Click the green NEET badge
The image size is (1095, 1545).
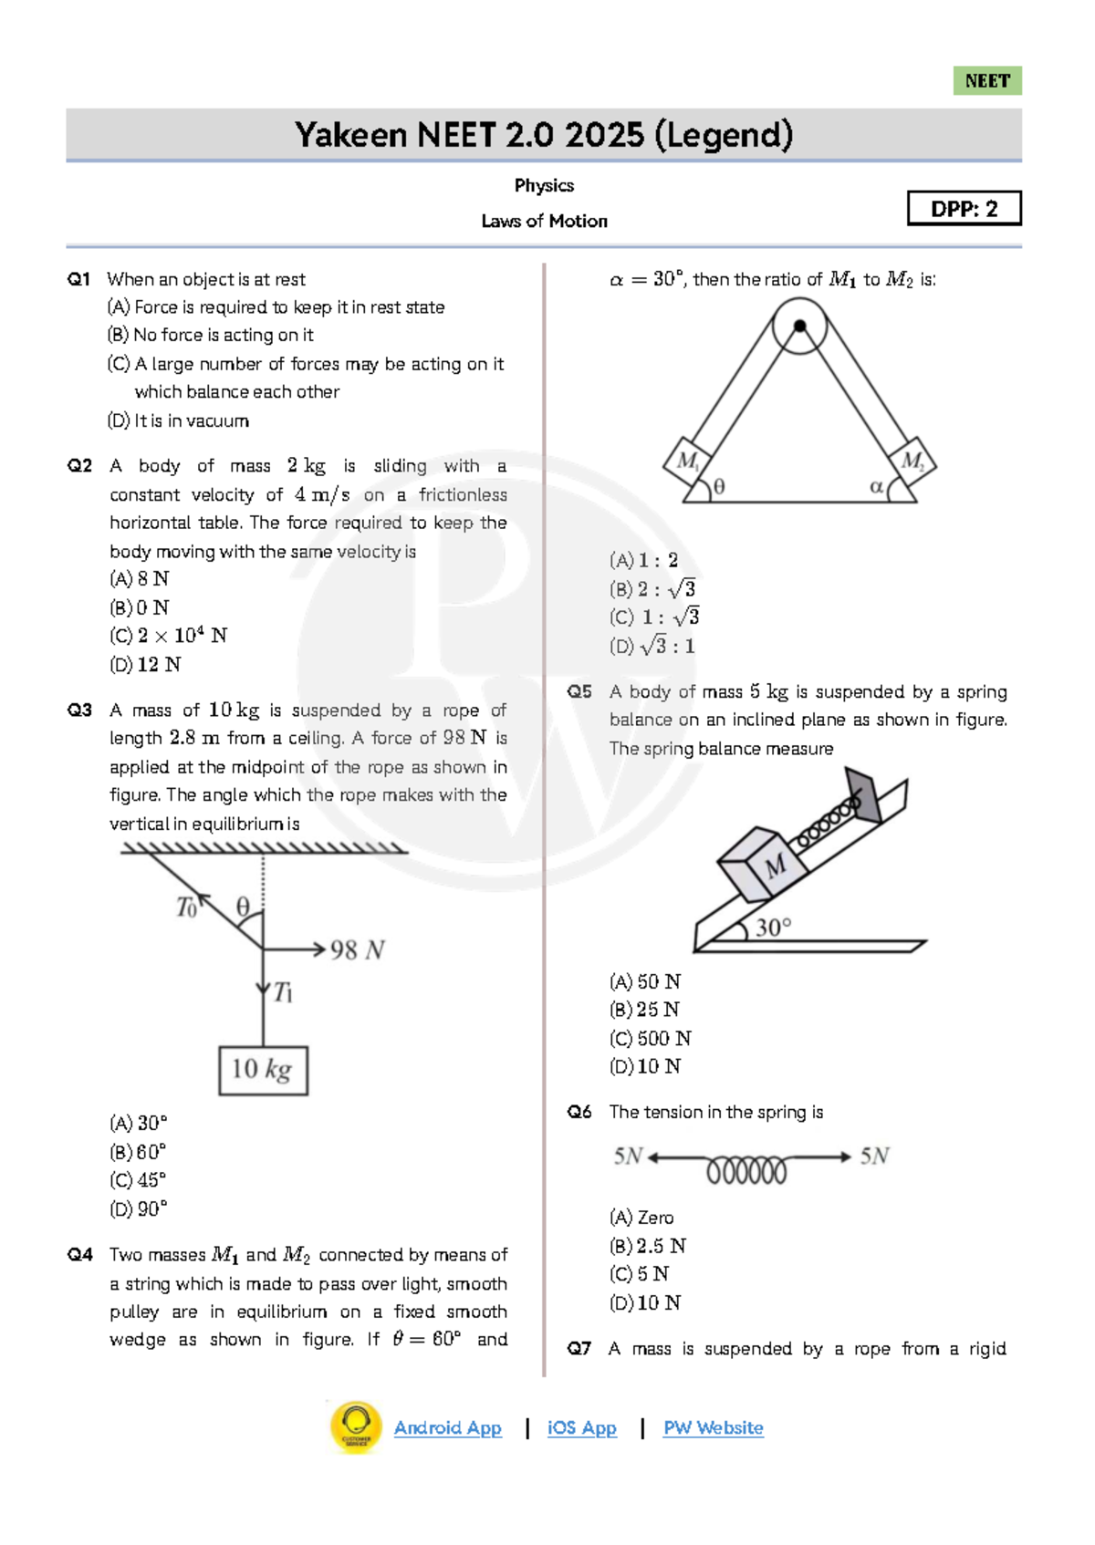pyautogui.click(x=986, y=81)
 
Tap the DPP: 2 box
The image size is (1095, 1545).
pyautogui.click(x=964, y=209)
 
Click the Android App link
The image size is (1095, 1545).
pyautogui.click(x=447, y=1427)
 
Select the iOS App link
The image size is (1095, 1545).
pyautogui.click(x=581, y=1427)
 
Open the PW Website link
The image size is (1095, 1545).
pyautogui.click(x=713, y=1427)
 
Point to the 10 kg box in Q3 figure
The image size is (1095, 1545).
pyautogui.click(x=263, y=1070)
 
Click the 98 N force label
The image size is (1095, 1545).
pyautogui.click(x=357, y=950)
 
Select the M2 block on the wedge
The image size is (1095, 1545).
pyautogui.click(x=912, y=461)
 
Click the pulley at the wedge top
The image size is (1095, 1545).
pyautogui.click(x=799, y=326)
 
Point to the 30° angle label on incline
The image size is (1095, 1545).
pyautogui.click(x=773, y=928)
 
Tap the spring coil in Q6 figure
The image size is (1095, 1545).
pyautogui.click(x=746, y=1169)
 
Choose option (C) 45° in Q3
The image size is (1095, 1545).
pyautogui.click(x=138, y=1179)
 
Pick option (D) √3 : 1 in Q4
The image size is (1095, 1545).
pyautogui.click(x=652, y=646)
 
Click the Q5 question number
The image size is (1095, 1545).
pyautogui.click(x=579, y=691)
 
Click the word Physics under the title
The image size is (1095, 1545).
pyautogui.click(x=544, y=185)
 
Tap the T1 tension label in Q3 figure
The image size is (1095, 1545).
pyautogui.click(x=283, y=991)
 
